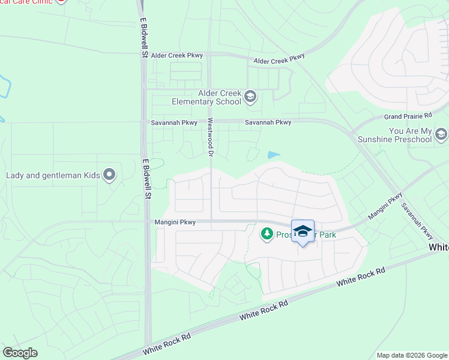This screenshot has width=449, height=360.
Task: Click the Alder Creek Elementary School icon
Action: [251, 97]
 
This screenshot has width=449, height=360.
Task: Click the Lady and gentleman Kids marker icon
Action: [109, 175]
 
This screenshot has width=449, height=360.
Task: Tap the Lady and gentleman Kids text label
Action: [52, 176]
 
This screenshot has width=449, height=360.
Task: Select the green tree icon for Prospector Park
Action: [267, 234]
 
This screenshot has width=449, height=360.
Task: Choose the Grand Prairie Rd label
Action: [408, 115]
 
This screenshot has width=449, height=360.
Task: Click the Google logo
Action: [20, 353]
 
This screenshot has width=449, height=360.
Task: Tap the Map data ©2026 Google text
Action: [411, 355]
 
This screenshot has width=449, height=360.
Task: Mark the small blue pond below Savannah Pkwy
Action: [274, 155]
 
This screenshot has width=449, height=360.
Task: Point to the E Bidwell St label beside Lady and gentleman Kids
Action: [146, 178]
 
